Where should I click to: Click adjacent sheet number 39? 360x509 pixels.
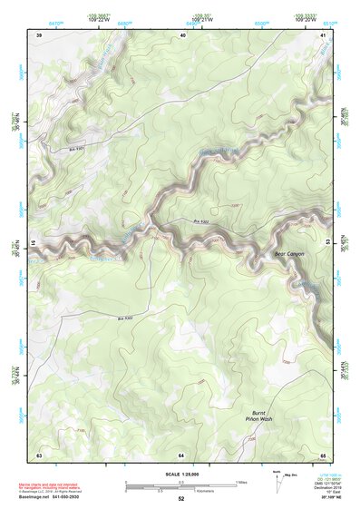tap(39, 34)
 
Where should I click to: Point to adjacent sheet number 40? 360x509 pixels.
tap(182, 34)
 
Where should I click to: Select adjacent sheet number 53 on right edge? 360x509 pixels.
tap(327, 243)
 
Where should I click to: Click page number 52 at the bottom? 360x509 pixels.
tap(181, 499)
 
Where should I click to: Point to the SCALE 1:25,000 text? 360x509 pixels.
tap(181, 474)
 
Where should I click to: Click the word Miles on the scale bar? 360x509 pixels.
tap(240, 481)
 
